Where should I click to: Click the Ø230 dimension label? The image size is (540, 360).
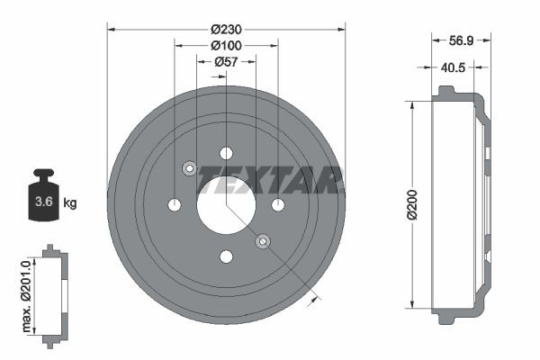(x=226, y=28)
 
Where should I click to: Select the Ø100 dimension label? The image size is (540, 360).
(x=226, y=44)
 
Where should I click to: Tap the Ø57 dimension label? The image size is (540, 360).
(x=226, y=61)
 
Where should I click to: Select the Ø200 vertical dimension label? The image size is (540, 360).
(x=411, y=205)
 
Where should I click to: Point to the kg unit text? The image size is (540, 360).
(x=70, y=203)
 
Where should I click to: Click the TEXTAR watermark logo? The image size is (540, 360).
(x=270, y=179)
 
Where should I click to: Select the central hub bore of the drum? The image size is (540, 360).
(x=226, y=205)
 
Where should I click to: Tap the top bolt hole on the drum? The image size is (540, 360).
(x=226, y=153)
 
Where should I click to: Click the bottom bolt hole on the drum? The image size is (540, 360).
(x=226, y=257)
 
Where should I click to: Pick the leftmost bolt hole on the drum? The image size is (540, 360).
(x=174, y=205)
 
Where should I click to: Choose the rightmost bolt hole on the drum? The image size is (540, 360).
(x=278, y=205)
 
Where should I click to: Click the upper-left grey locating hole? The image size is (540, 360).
(x=189, y=168)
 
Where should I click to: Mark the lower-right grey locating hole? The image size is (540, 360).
(x=263, y=241)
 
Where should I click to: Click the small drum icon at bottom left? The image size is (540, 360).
(x=55, y=294)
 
